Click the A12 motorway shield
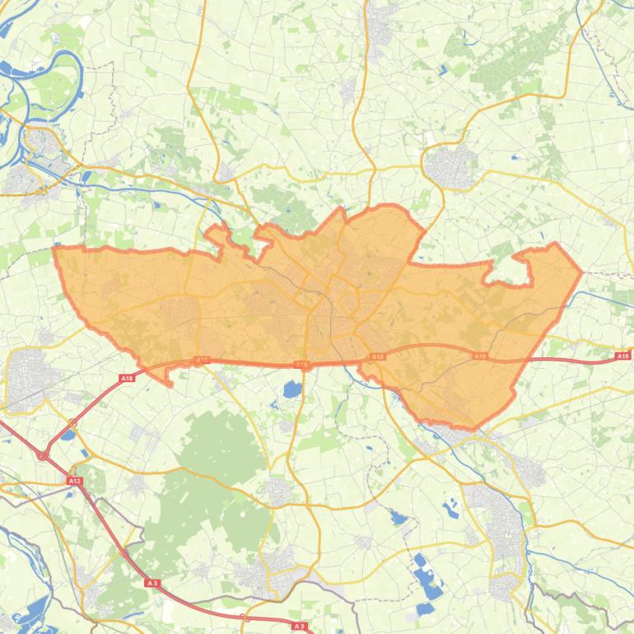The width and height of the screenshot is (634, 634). [75, 481]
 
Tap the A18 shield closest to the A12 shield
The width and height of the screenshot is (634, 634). [127, 378]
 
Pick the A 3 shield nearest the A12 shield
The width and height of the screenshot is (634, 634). [152, 583]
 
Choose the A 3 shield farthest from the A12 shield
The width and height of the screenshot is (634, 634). [300, 627]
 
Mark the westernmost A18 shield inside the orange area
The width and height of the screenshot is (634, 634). [203, 360]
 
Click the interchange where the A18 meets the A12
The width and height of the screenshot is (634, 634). [41, 454]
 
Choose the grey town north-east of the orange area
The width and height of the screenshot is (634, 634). [449, 165]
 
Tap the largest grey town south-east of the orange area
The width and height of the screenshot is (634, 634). [502, 519]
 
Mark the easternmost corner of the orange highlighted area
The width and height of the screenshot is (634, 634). [581, 272]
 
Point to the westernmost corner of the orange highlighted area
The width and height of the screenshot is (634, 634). [54, 247]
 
